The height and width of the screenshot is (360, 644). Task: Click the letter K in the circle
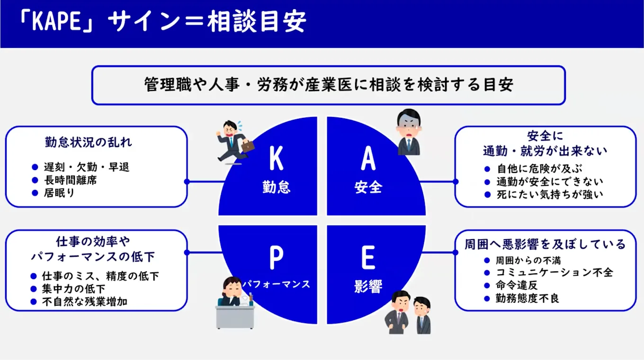pyautogui.click(x=276, y=158)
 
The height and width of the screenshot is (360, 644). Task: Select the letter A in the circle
pyautogui.click(x=368, y=158)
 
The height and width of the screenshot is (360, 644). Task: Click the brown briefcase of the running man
pyautogui.click(x=248, y=146)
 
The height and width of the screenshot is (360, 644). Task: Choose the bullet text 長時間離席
pyautogui.click(x=71, y=180)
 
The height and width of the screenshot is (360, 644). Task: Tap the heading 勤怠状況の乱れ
pyautogui.click(x=88, y=142)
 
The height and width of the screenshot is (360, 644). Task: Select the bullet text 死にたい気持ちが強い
pyautogui.click(x=550, y=194)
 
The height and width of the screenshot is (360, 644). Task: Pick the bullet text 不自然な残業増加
pyautogui.click(x=85, y=301)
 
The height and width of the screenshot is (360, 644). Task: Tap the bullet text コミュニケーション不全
pyautogui.click(x=555, y=272)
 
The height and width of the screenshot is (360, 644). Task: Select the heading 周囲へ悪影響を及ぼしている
pyautogui.click(x=545, y=244)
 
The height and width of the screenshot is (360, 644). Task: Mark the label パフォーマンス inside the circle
pyautogui.click(x=277, y=284)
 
